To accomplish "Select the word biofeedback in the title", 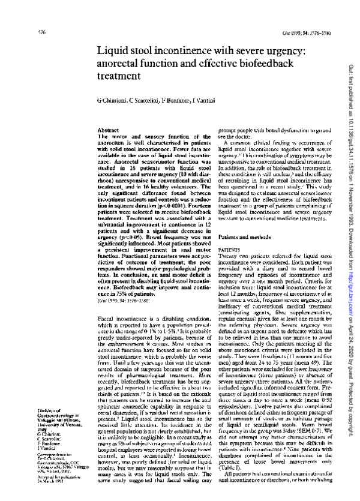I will [274, 63].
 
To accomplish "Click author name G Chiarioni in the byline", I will [112, 98].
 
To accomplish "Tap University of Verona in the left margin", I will [43, 403].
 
